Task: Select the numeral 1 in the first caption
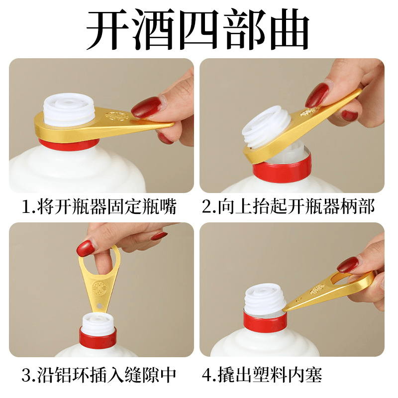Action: (x=27, y=207)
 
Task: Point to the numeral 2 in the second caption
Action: (x=206, y=206)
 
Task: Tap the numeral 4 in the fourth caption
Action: (x=207, y=376)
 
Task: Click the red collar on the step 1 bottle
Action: (x=69, y=144)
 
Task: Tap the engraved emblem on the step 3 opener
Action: (x=98, y=289)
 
